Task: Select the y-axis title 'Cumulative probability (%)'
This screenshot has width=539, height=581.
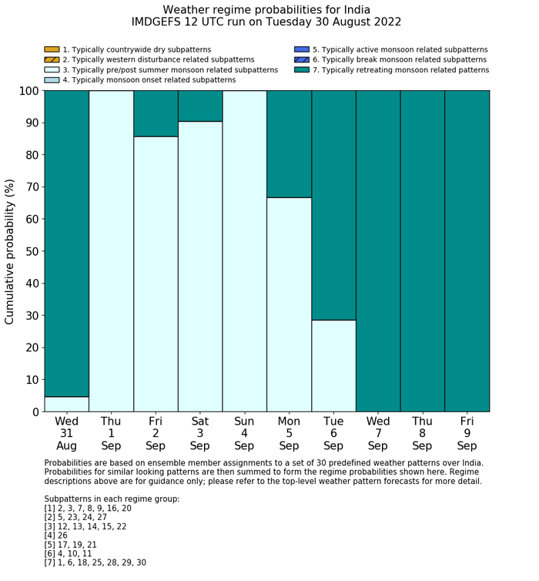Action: tap(10, 251)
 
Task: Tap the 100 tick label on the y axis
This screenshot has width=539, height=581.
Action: tap(28, 91)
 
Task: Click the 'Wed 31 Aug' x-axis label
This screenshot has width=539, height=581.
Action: tap(66, 433)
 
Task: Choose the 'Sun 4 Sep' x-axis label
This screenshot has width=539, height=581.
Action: tap(244, 433)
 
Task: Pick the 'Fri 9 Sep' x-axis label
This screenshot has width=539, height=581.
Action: tap(467, 433)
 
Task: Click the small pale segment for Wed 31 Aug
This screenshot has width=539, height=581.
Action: tap(66, 404)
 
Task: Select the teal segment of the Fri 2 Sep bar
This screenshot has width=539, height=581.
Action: tap(156, 113)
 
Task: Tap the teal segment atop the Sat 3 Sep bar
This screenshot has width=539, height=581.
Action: tap(200, 106)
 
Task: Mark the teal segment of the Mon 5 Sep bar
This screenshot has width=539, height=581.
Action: tap(289, 144)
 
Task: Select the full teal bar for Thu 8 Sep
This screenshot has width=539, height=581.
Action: tap(422, 251)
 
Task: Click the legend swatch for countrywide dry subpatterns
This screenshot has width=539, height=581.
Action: tap(52, 49)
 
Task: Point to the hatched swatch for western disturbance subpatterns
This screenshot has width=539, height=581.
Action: tap(52, 59)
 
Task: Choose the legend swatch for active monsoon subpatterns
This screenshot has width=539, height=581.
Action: tap(302, 49)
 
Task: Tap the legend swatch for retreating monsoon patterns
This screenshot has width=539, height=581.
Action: tap(302, 69)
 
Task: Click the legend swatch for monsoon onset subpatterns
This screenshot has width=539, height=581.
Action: tap(52, 79)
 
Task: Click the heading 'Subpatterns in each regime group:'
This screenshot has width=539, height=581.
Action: tap(112, 499)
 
